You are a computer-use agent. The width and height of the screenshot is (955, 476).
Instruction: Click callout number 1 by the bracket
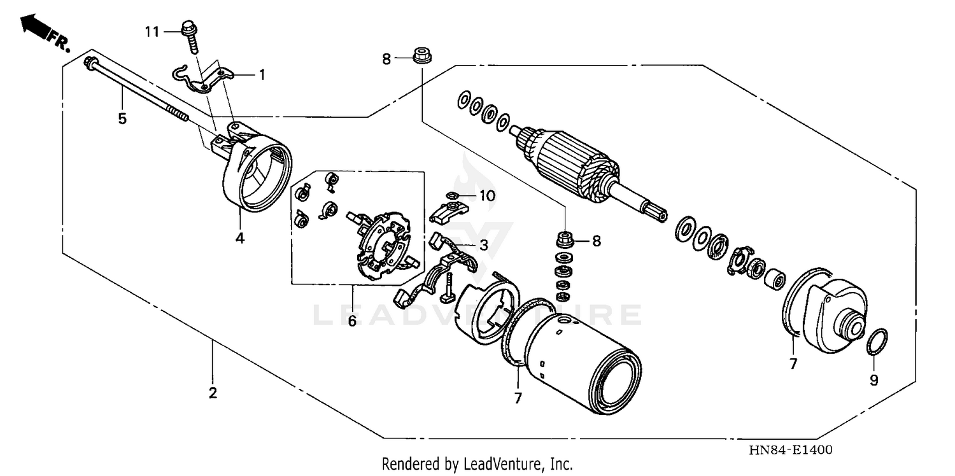click(261, 74)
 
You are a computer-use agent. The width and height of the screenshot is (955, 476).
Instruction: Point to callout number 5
click(122, 118)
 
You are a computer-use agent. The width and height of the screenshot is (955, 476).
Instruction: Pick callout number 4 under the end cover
click(239, 238)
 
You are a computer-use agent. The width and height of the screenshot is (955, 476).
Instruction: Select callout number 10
click(486, 195)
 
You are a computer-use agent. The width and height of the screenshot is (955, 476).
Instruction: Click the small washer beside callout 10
click(452, 195)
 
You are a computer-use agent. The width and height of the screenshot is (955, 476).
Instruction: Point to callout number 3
click(484, 245)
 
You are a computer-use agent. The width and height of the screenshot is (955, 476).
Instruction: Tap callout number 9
click(874, 380)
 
